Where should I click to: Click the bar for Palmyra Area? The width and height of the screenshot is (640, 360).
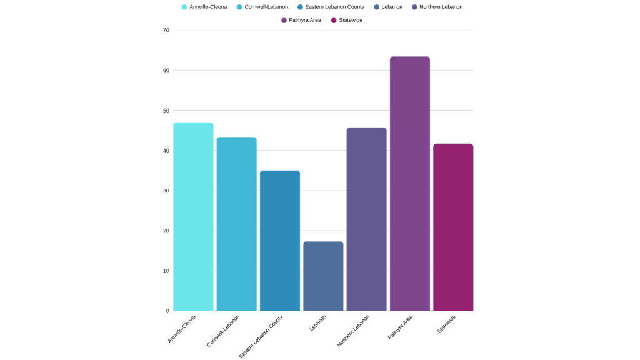[409, 184]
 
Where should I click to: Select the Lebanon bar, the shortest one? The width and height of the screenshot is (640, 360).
[323, 276]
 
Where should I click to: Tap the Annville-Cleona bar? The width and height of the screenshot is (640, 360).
[193, 216]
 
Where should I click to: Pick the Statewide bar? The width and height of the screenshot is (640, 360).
[453, 227]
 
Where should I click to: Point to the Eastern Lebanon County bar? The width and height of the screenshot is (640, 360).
[280, 241]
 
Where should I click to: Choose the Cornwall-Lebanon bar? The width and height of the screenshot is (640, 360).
[236, 224]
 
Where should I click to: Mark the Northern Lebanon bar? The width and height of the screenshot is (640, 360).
[366, 219]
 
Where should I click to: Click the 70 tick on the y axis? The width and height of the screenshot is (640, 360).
[166, 30]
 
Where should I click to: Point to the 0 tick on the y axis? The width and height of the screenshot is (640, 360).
[167, 311]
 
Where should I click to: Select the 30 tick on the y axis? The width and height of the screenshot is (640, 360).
[166, 191]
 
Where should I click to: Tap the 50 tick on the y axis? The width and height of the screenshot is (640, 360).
[166, 111]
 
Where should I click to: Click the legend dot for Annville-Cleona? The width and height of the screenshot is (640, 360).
[184, 7]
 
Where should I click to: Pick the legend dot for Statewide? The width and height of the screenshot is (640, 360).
[334, 21]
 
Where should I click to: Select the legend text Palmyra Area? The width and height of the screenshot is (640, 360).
[305, 21]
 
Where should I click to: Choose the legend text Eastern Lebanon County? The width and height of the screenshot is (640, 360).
[334, 7]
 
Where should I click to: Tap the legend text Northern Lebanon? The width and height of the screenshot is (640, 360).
[441, 7]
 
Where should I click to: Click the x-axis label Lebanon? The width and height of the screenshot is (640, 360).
[317, 323]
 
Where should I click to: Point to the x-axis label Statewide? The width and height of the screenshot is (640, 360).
[446, 324]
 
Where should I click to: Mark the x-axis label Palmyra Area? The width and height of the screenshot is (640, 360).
[400, 327]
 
